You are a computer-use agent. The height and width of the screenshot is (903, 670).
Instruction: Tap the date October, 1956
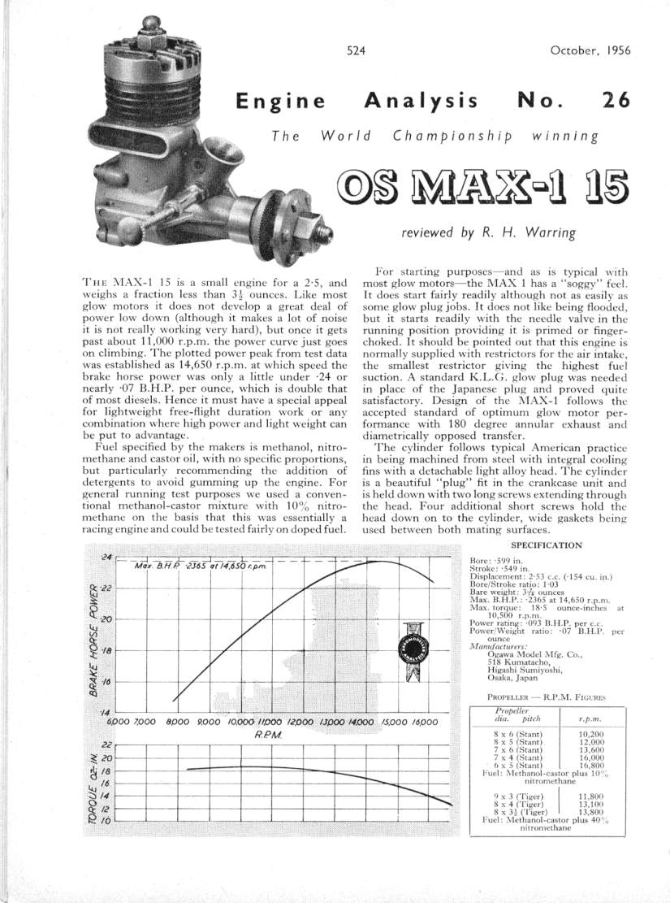590,50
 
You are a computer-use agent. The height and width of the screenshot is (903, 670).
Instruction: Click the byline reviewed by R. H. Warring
487,232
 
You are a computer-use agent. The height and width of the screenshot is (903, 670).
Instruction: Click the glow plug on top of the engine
153,33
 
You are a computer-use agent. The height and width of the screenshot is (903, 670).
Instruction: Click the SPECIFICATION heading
547,545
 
